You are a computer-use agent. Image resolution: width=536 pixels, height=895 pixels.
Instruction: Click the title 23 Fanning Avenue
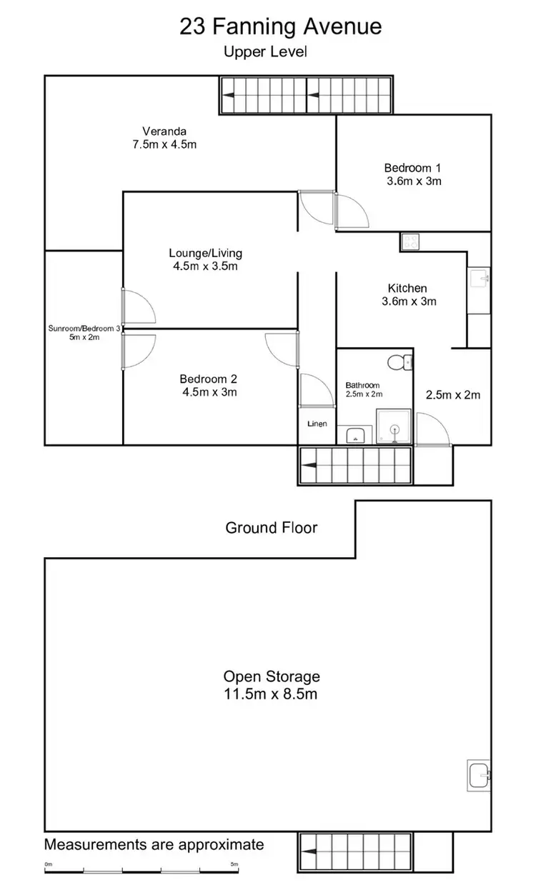click(x=280, y=26)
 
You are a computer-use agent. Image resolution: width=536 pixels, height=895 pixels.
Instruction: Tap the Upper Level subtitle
click(x=265, y=51)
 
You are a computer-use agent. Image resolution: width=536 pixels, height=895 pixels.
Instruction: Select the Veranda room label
click(x=164, y=137)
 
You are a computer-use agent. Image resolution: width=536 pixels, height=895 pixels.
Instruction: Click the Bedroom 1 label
click(x=413, y=174)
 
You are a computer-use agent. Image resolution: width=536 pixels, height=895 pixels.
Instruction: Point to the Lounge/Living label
click(x=205, y=259)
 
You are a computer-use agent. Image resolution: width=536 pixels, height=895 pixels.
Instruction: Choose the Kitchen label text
click(x=407, y=294)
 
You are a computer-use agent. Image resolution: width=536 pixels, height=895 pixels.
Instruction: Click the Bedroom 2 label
click(x=208, y=385)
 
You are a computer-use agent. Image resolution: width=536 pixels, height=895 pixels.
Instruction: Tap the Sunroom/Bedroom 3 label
click(x=84, y=333)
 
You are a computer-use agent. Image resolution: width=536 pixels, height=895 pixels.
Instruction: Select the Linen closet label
click(x=317, y=424)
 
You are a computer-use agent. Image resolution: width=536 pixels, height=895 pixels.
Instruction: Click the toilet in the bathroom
click(x=398, y=363)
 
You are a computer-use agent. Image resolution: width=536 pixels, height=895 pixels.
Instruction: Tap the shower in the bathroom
click(x=394, y=428)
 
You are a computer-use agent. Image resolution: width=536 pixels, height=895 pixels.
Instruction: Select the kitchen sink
click(x=479, y=277)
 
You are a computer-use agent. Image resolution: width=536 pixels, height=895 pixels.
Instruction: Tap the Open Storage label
click(x=272, y=684)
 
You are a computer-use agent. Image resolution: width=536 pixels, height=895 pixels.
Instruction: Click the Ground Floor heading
click(x=272, y=528)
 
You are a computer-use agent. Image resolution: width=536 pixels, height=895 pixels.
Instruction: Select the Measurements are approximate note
click(x=154, y=845)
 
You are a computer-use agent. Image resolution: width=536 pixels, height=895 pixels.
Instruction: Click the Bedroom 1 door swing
click(x=353, y=212)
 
